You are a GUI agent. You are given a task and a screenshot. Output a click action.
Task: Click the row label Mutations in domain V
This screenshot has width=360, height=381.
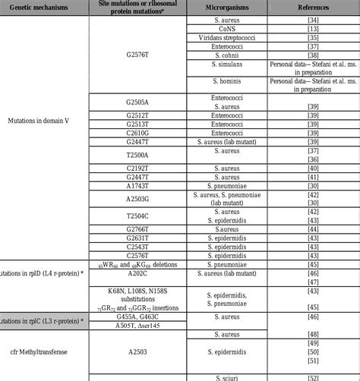click(x=44, y=121)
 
